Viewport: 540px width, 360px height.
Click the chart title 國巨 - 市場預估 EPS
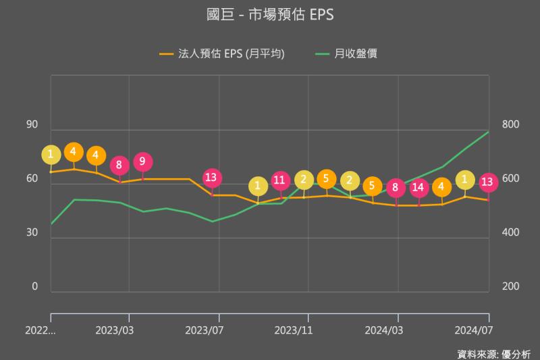270,15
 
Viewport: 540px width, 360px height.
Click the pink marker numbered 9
142,162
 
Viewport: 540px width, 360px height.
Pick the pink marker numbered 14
419,187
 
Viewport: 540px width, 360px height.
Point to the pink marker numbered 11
281,180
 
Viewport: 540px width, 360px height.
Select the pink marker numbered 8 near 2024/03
397,187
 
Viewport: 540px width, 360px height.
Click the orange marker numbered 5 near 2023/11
327,179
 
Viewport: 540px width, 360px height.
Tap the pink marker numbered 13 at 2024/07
488,182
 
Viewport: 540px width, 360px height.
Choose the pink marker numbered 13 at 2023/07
213,178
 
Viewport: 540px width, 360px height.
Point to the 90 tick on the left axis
32,125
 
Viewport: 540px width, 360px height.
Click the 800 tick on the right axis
510,125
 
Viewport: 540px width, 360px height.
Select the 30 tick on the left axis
32,233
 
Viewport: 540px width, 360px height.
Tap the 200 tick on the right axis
510,287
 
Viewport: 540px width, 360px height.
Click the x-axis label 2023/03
115,331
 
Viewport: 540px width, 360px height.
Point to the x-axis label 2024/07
475,331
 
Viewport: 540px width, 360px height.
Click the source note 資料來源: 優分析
493,353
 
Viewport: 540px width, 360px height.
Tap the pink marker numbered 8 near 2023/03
119,164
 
